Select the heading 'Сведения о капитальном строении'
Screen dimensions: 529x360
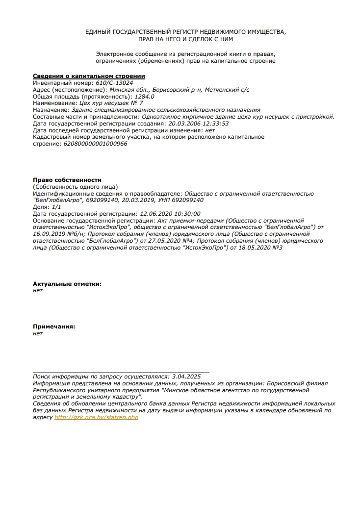[89, 76]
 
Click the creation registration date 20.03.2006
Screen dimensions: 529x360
[183, 124]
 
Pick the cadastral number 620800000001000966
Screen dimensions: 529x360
[96, 144]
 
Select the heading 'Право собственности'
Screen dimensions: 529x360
[67, 180]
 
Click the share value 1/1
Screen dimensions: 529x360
[56, 207]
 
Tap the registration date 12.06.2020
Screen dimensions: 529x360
[155, 214]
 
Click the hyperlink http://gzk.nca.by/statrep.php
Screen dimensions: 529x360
[96, 417]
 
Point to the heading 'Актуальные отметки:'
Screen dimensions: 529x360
[67, 284]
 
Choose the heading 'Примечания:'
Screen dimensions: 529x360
[54, 327]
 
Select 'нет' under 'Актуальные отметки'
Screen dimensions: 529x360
[38, 290]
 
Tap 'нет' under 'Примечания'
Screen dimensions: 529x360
[38, 333]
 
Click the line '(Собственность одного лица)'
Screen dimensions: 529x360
[75, 187]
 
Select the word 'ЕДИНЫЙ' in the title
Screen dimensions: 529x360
[99, 32]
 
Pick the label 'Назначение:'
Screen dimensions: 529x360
[52, 110]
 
